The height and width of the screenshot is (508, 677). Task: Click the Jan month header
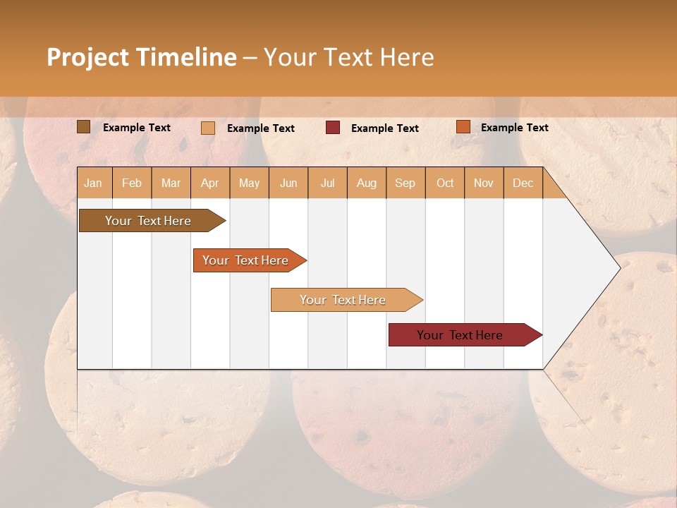(93, 183)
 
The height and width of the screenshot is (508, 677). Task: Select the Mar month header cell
(171, 183)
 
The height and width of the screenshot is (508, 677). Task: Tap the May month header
(249, 183)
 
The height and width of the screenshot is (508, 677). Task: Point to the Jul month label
(327, 183)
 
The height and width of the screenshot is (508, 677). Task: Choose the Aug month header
(366, 183)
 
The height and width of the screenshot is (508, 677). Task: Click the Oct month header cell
(445, 183)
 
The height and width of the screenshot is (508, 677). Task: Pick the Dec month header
(523, 183)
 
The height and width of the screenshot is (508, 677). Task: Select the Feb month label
(132, 183)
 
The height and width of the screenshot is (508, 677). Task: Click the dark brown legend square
(83, 127)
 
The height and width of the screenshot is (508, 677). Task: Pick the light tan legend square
(207, 128)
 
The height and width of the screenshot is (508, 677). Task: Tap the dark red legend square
(333, 128)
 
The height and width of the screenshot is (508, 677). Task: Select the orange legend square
(463, 127)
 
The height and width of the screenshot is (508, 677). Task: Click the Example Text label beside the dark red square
(384, 128)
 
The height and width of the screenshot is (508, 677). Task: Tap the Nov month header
(483, 183)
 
